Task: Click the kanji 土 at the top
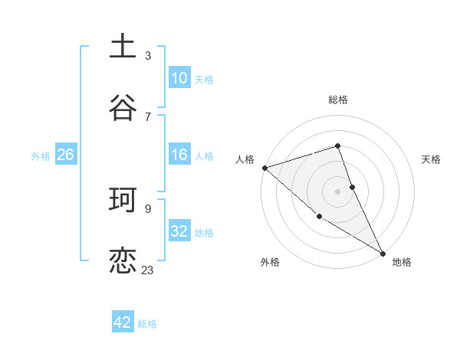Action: coord(123,46)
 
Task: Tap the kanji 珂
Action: coord(123,199)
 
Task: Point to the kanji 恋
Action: coord(123,260)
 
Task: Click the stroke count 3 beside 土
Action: coord(148,55)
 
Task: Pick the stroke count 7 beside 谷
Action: coord(148,116)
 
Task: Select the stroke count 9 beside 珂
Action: coord(148,208)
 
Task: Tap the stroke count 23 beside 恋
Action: coord(148,270)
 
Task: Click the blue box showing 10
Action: coord(179,78)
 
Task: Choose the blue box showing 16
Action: coord(179,155)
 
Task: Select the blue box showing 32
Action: coord(179,231)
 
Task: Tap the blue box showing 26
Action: coord(65,155)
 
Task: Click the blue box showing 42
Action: coord(123,322)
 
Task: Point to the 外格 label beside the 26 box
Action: coord(41,155)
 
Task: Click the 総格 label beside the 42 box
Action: coord(147,324)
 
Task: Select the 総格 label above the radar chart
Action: coord(338,100)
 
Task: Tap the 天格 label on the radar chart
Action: coord(431,159)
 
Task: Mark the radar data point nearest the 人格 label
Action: coord(264,168)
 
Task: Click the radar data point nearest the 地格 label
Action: coord(383,253)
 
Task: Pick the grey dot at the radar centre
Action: coord(337,191)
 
